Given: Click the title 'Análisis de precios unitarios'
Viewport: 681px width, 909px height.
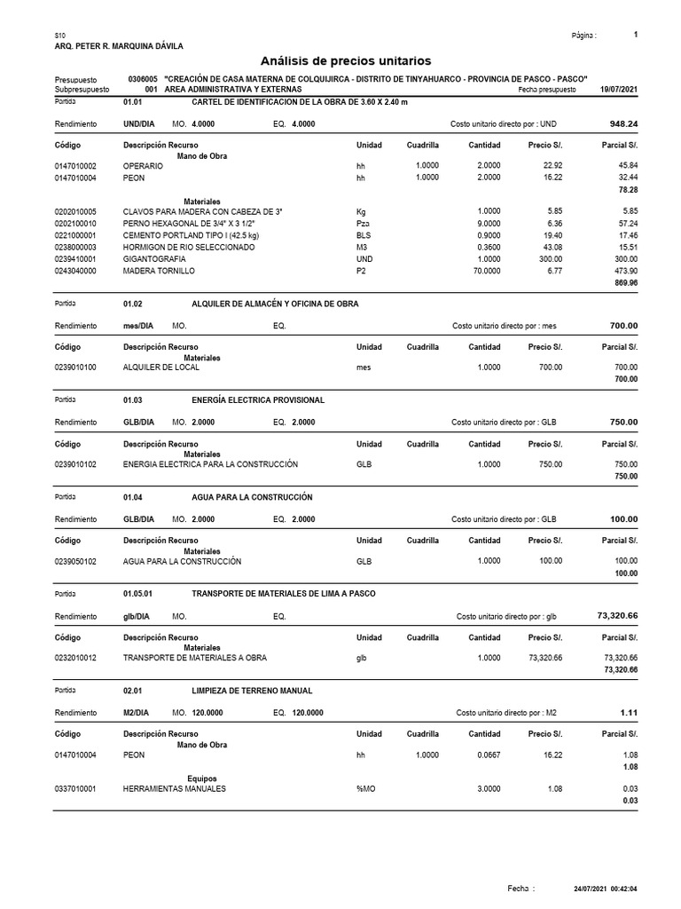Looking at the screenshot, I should click(346, 61).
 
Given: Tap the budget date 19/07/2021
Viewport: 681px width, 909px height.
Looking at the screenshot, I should click(619, 90).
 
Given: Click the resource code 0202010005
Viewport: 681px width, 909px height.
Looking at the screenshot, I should click(76, 211).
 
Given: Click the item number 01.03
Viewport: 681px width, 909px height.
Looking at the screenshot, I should click(132, 400).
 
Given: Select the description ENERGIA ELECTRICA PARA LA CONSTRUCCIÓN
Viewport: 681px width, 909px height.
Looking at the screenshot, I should click(210, 464).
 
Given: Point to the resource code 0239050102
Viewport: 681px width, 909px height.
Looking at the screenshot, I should click(76, 561).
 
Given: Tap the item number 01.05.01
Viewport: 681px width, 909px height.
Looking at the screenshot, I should click(138, 594).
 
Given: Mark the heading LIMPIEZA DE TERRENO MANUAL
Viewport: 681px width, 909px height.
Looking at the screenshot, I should click(252, 691).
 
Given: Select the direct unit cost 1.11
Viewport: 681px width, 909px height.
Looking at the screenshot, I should click(629, 713).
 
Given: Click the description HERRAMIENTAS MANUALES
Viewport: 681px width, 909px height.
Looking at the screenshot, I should click(175, 788).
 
